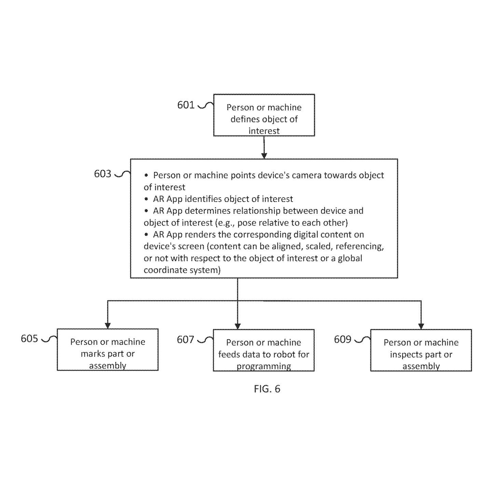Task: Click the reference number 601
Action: pyautogui.click(x=186, y=105)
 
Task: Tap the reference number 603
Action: pyautogui.click(x=103, y=174)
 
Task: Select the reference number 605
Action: pyautogui.click(x=29, y=339)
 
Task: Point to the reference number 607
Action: pyautogui.click(x=185, y=340)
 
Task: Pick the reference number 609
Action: pyautogui.click(x=342, y=339)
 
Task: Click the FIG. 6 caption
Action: pyautogui.click(x=267, y=389)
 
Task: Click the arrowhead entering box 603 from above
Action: pyautogui.click(x=264, y=156)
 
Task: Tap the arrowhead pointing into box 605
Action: pyautogui.click(x=108, y=326)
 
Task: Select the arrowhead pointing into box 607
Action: pyautogui.click(x=237, y=326)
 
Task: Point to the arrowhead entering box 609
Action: pyautogui.click(x=421, y=326)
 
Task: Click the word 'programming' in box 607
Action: pyautogui.click(x=264, y=366)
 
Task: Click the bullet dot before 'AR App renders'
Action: pyautogui.click(x=146, y=234)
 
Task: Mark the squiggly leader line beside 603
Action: pyautogui.click(x=122, y=174)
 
